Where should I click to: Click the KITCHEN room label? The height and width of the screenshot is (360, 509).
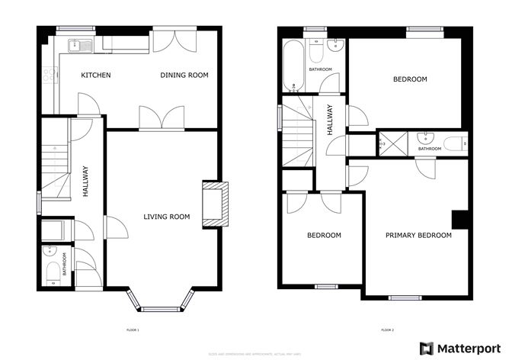point(97,75)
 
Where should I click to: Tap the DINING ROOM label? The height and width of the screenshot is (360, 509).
point(184,75)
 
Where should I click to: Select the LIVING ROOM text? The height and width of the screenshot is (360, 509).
point(166,217)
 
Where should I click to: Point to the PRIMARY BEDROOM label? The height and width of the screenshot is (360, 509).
point(418,236)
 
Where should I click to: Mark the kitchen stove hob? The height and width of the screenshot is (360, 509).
point(50,75)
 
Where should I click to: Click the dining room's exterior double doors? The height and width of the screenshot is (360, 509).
point(168,40)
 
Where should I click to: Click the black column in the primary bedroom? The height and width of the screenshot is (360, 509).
point(459,220)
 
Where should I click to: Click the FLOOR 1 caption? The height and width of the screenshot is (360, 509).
point(133,330)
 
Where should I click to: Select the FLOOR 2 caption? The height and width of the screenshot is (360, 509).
point(387,330)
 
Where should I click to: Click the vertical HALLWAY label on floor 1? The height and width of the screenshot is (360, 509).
point(86,182)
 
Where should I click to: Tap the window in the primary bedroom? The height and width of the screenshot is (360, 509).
point(401,297)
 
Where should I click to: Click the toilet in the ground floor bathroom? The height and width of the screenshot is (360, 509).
point(50,268)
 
